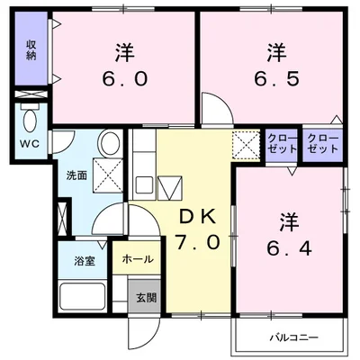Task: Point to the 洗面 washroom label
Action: point(76,175)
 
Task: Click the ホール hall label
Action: point(138,259)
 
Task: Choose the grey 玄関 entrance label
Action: point(145,297)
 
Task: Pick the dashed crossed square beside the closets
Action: point(244,144)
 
